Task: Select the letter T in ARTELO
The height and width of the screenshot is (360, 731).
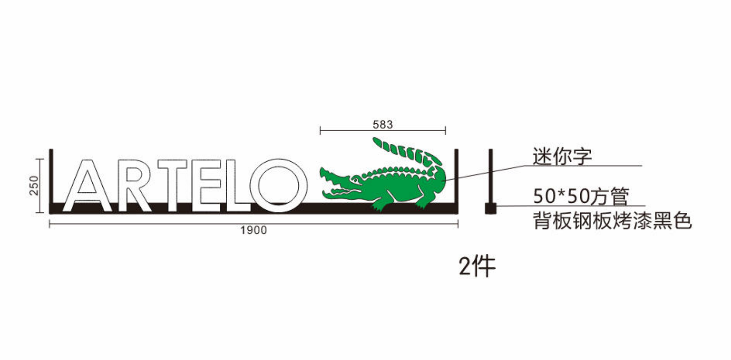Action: pyautogui.click(x=172, y=185)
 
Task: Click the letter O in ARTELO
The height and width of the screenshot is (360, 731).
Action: pyautogui.click(x=254, y=185)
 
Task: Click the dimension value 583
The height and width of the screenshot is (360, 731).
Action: pyautogui.click(x=383, y=124)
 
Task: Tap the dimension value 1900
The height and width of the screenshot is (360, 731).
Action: pyautogui.click(x=254, y=230)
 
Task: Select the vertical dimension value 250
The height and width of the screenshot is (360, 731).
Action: pyautogui.click(x=34, y=185)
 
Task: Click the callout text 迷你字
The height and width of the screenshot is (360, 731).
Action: pyautogui.click(x=562, y=156)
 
